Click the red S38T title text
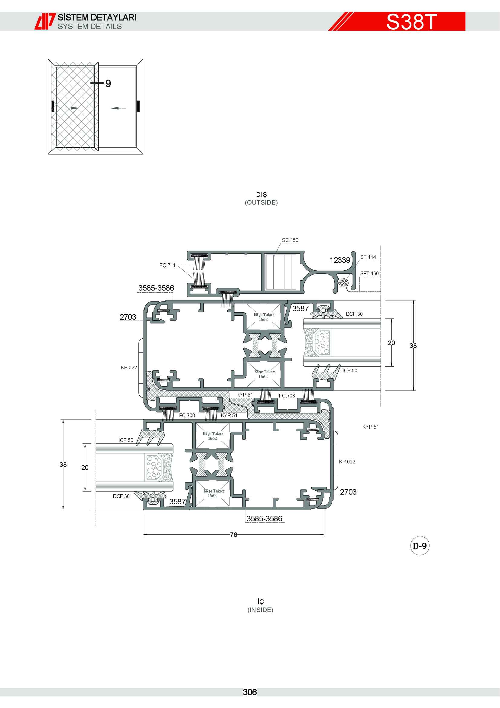click(x=411, y=21)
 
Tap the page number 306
click(x=250, y=692)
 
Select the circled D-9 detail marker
click(x=420, y=546)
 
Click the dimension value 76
click(x=234, y=535)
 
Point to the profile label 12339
click(x=340, y=260)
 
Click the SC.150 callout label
click(x=290, y=240)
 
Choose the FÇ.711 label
click(x=167, y=265)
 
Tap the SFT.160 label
click(x=369, y=274)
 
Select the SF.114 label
click(x=368, y=257)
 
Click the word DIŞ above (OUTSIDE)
click(x=261, y=195)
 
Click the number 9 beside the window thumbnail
click(x=108, y=84)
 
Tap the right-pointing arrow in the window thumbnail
click(x=71, y=108)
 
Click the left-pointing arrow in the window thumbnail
click(x=118, y=108)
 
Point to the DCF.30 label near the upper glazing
click(x=354, y=314)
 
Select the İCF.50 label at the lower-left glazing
click(x=126, y=440)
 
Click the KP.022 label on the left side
click(x=129, y=367)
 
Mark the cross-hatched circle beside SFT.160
click(x=344, y=282)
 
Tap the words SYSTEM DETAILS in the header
click(x=90, y=27)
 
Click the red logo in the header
click(x=45, y=21)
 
